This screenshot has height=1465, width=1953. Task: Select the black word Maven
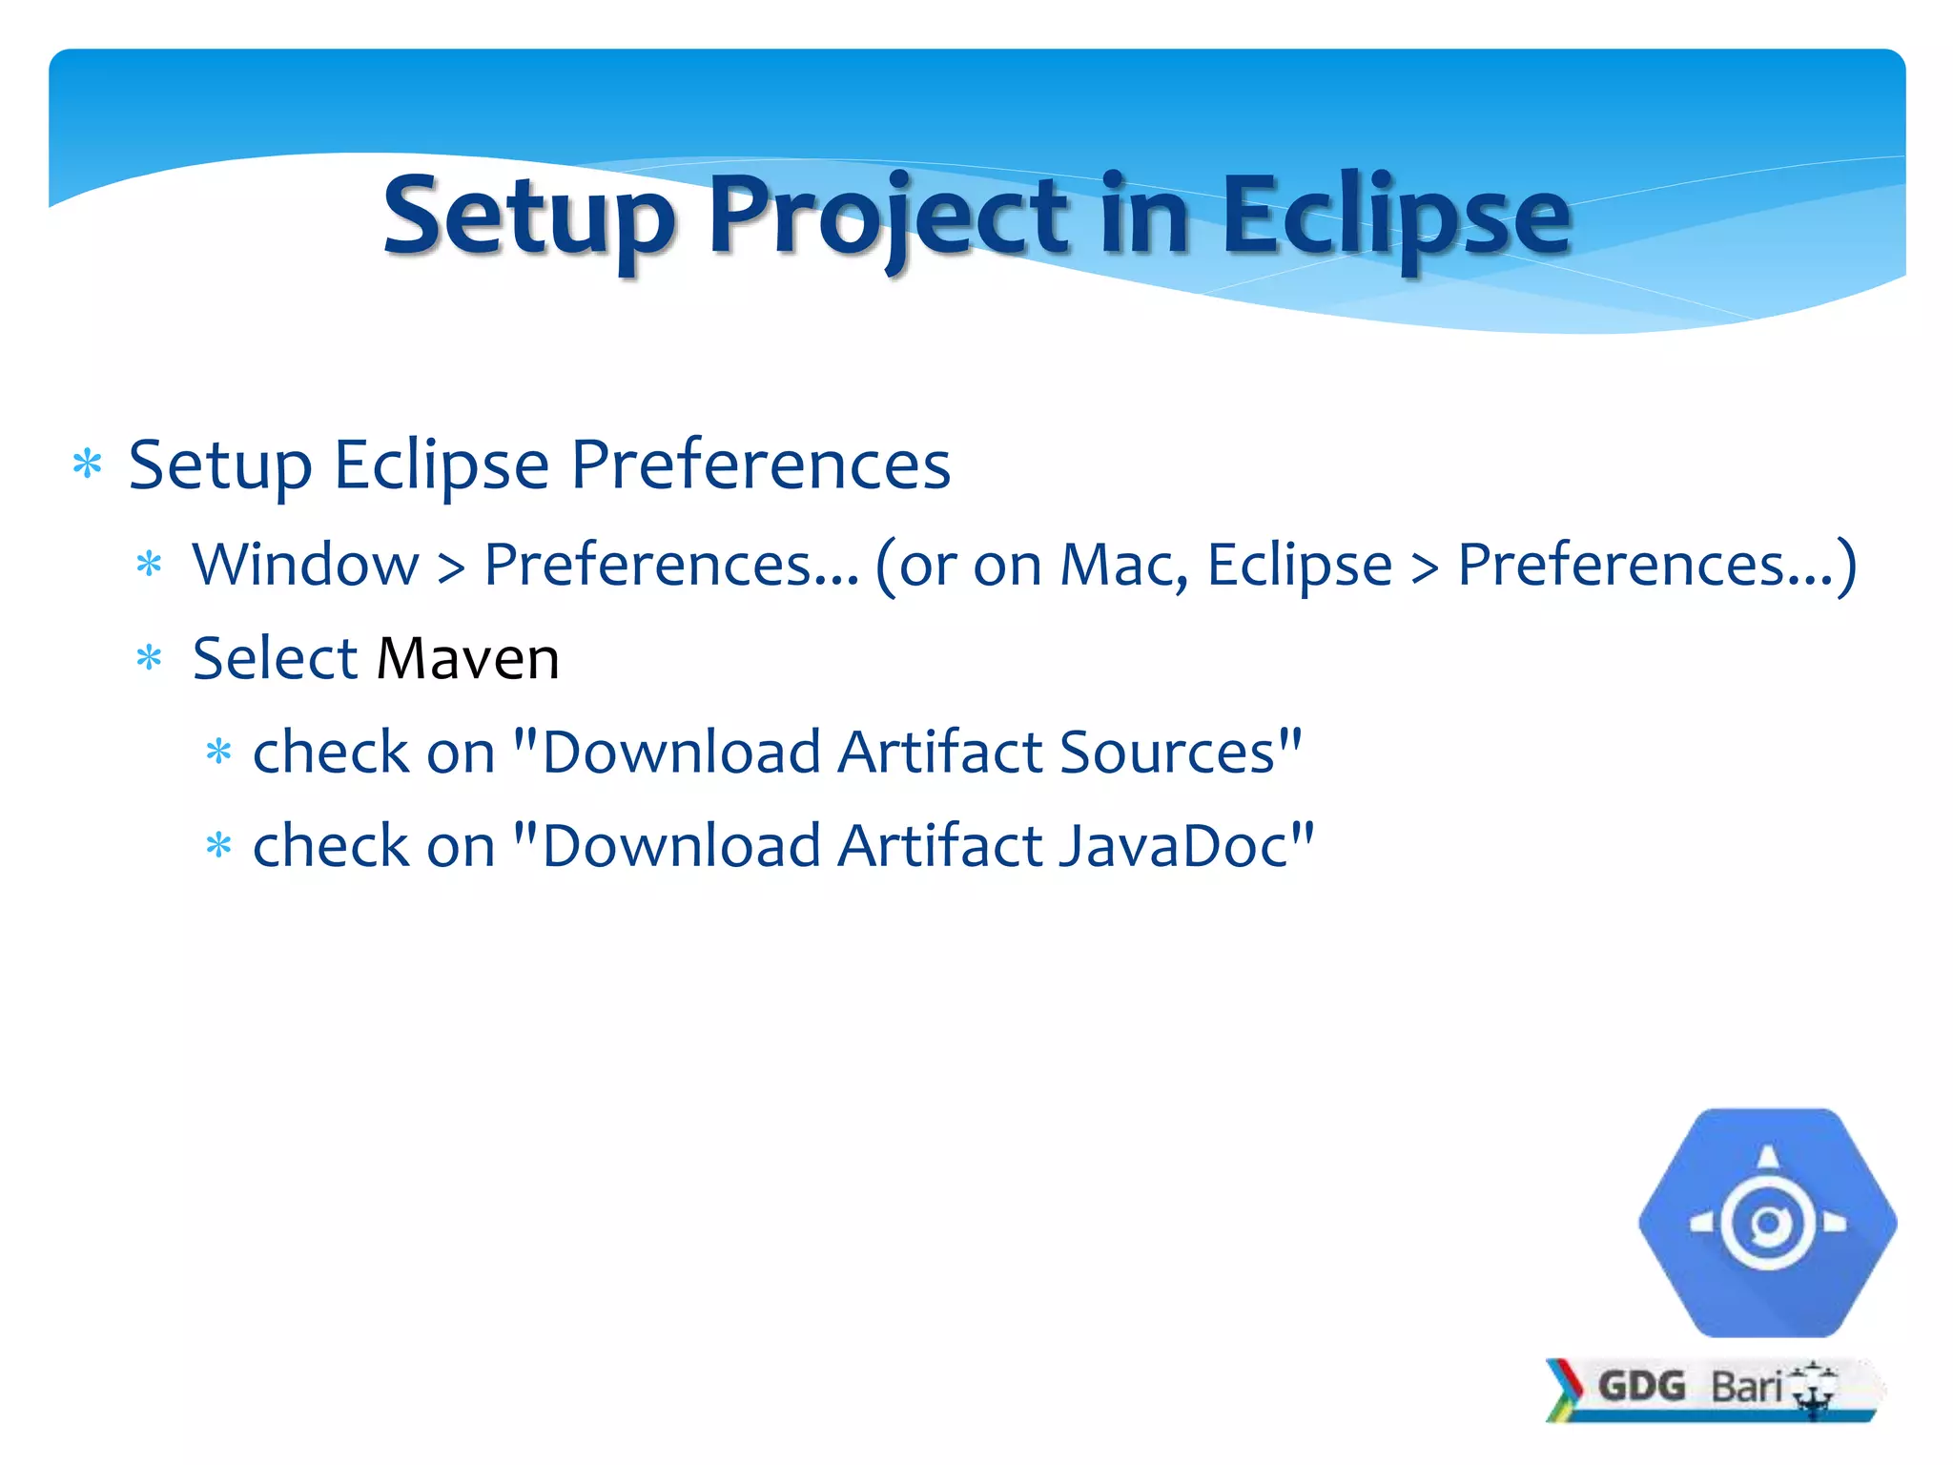(x=467, y=659)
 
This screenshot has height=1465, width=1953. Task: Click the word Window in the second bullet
(x=305, y=564)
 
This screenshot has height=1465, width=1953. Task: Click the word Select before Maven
(x=275, y=659)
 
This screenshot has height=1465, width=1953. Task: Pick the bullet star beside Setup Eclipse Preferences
(x=88, y=465)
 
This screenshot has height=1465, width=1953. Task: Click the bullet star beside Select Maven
(x=150, y=658)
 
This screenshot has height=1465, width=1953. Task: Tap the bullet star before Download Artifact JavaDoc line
(x=219, y=845)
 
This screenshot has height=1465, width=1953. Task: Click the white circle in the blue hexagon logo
(x=1767, y=1223)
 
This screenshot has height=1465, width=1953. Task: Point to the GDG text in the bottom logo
(x=1641, y=1386)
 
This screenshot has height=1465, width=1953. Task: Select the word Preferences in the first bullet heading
(x=760, y=465)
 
